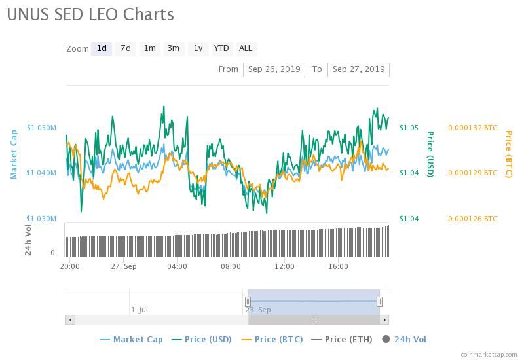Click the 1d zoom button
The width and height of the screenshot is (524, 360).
click(x=102, y=48)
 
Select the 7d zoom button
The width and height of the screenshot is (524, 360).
click(x=125, y=48)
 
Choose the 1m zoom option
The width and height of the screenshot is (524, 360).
click(x=149, y=48)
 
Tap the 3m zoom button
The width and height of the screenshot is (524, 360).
click(x=173, y=48)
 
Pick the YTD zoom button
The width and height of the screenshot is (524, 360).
click(x=221, y=48)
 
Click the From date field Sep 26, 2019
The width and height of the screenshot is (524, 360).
click(x=274, y=69)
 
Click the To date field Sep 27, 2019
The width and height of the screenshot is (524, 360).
click(x=358, y=69)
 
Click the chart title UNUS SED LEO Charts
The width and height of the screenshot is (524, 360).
click(x=90, y=14)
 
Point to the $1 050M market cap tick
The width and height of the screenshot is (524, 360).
click(x=41, y=128)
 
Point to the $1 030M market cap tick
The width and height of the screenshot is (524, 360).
click(x=41, y=219)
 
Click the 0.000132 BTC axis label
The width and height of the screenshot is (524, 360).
click(x=472, y=128)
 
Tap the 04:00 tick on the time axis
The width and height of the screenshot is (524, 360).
click(x=177, y=266)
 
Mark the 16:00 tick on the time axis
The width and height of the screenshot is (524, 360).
click(x=338, y=266)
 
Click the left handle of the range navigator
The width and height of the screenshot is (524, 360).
click(x=248, y=302)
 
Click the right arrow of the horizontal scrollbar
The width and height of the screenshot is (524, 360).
click(x=384, y=319)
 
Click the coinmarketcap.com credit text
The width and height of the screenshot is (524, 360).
click(x=489, y=354)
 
